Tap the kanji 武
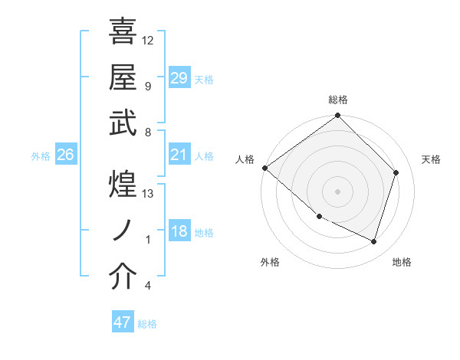[123, 123]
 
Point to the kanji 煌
[123, 185]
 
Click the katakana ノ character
[123, 231]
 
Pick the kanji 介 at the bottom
[123, 277]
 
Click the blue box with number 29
[179, 78]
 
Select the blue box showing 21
[179, 155]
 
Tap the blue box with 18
[179, 232]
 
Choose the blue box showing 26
[66, 155]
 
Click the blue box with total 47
[123, 322]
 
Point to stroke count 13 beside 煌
[148, 194]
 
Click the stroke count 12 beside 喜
[148, 40]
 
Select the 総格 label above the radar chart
[338, 100]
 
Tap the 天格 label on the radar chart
[431, 159]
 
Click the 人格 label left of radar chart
[245, 159]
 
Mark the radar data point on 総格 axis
[338, 116]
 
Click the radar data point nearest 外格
[319, 217]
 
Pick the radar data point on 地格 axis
[373, 241]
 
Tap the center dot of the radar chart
[338, 191]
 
